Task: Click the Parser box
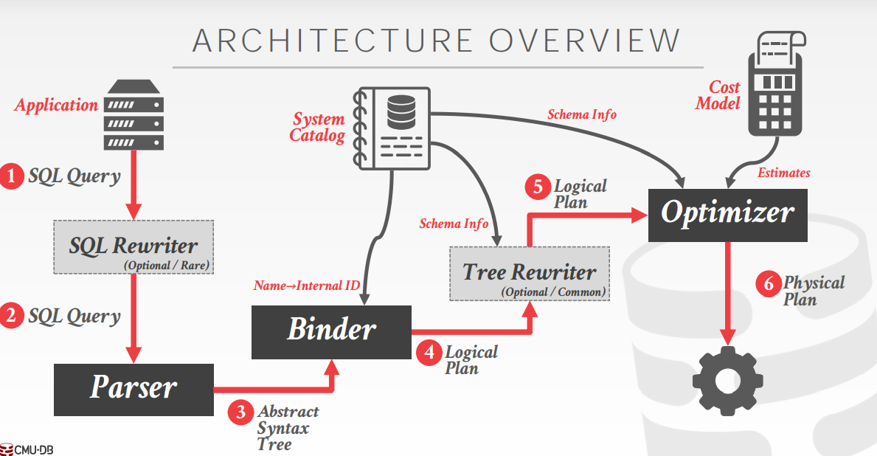pyautogui.click(x=134, y=389)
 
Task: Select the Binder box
pyautogui.click(x=331, y=331)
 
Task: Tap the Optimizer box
pyautogui.click(x=727, y=214)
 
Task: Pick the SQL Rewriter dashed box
pyautogui.click(x=134, y=247)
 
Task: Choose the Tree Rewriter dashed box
pyautogui.click(x=530, y=273)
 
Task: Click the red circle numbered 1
pyautogui.click(x=12, y=176)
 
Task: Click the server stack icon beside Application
pyautogui.click(x=134, y=116)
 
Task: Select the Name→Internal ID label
pyautogui.click(x=307, y=286)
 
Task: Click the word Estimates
pyautogui.click(x=783, y=173)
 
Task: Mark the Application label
pyautogui.click(x=56, y=106)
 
